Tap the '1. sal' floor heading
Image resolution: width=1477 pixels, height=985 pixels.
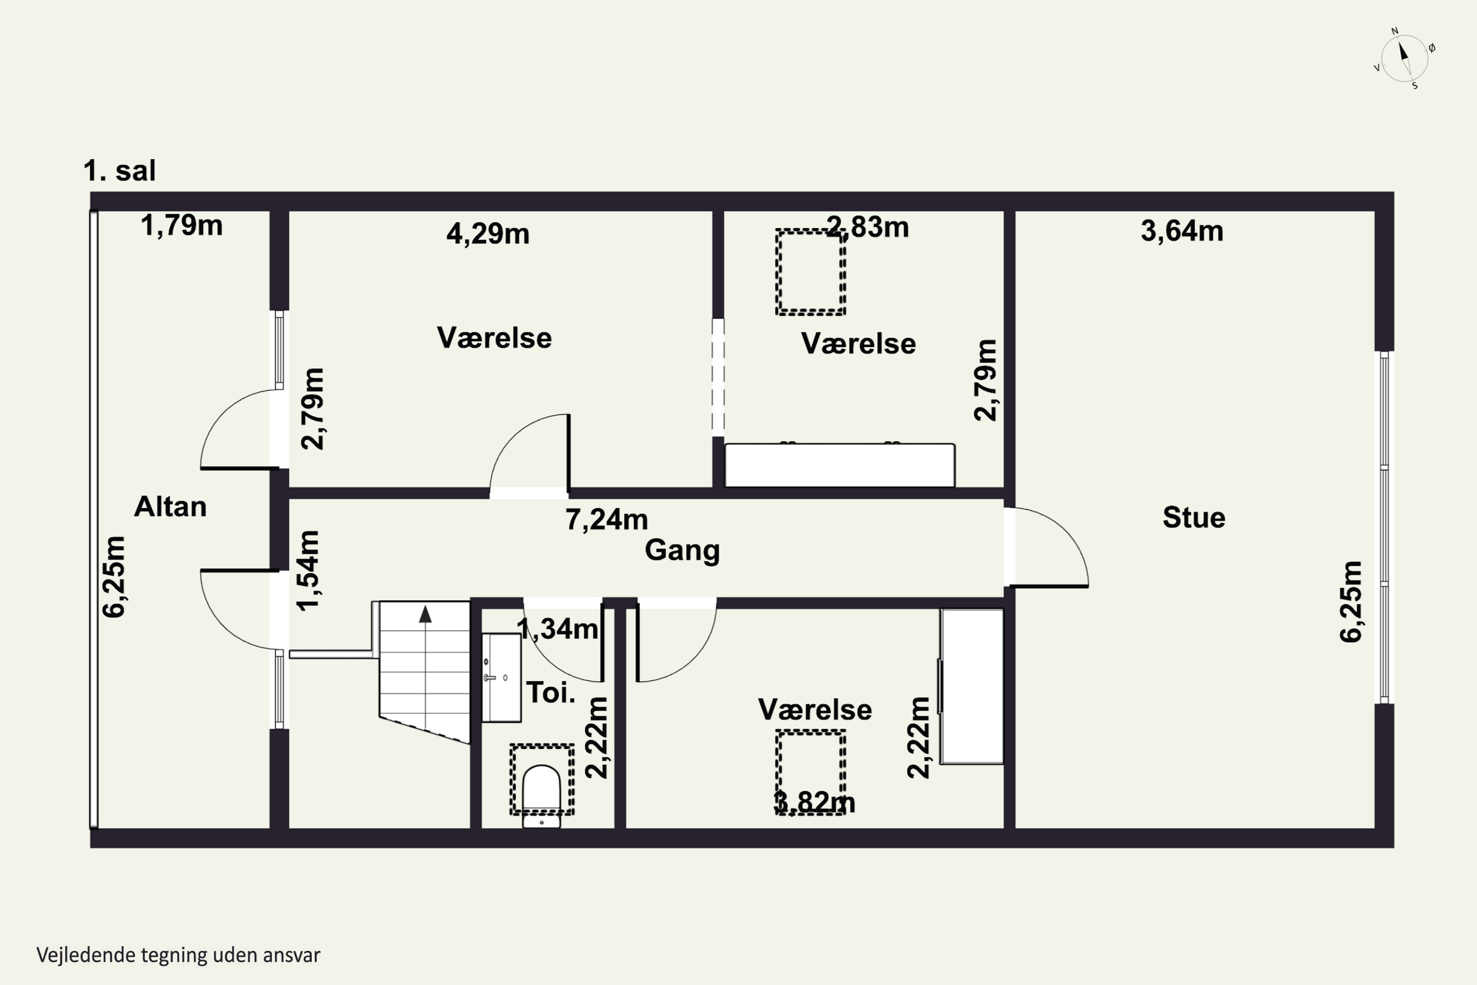pyautogui.click(x=119, y=171)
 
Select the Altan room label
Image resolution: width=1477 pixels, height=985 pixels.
pyautogui.click(x=170, y=506)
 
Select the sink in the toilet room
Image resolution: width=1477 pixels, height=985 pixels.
pyautogui.click(x=501, y=678)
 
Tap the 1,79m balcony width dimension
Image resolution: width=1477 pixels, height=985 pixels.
pyautogui.click(x=182, y=226)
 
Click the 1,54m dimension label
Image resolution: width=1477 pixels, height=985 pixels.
pyautogui.click(x=308, y=570)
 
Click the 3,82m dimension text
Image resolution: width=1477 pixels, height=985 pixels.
pyautogui.click(x=814, y=802)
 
